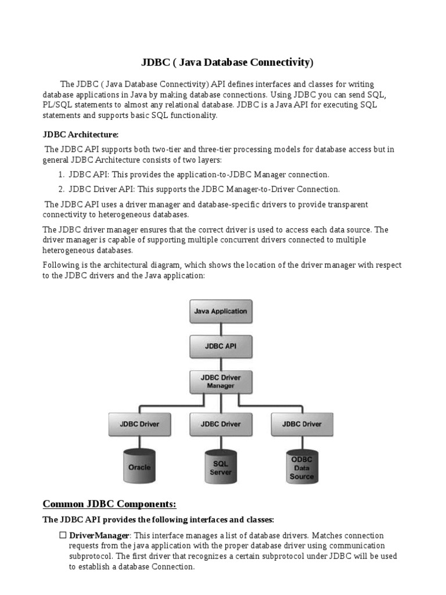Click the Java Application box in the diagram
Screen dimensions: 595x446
pyautogui.click(x=220, y=311)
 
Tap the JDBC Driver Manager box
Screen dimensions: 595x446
pyautogui.click(x=220, y=381)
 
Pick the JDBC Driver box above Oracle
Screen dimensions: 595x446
pyautogui.click(x=139, y=424)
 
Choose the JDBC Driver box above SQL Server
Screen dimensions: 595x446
pyautogui.click(x=220, y=424)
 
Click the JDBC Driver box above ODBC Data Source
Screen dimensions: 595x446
pyautogui.click(x=301, y=424)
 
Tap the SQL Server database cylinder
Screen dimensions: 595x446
pyautogui.click(x=220, y=466)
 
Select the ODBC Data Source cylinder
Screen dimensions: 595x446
pyautogui.click(x=301, y=466)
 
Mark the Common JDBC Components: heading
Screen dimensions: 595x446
pyautogui.click(x=110, y=503)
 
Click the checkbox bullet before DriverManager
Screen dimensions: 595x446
pyautogui.click(x=63, y=535)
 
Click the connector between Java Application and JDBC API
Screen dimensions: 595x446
pyautogui.click(x=220, y=329)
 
